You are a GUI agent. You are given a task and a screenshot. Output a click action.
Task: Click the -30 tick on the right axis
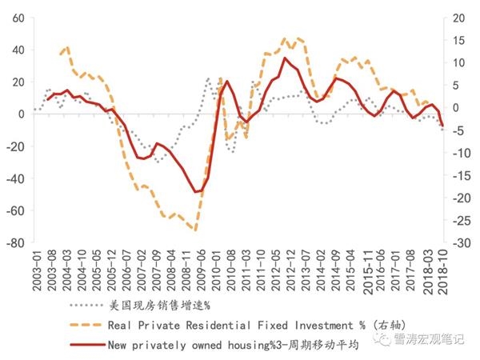(457, 242)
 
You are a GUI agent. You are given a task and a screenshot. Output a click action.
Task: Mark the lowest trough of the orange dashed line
(194, 230)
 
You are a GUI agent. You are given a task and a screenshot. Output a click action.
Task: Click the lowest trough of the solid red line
(194, 192)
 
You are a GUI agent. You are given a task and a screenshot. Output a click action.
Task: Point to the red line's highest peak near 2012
(285, 58)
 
